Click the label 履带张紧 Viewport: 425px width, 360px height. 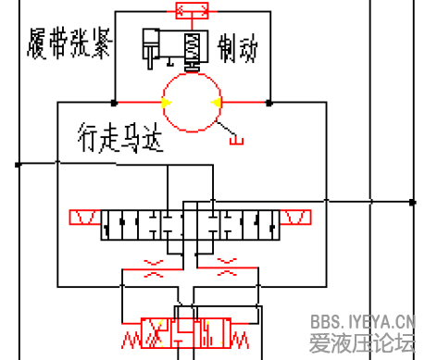point(66,42)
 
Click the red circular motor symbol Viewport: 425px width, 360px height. point(191,102)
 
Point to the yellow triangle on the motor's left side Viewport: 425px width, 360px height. point(163,102)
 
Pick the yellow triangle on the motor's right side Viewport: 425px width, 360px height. point(217,102)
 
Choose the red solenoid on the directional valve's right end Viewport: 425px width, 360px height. point(297,218)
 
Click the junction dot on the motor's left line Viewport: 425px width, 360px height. point(113,102)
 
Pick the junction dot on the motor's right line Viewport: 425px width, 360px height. point(269,102)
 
